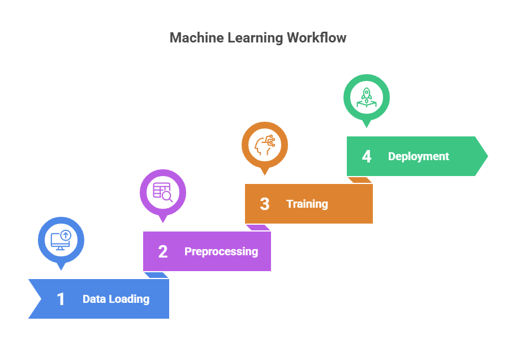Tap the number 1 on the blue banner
(x=61, y=299)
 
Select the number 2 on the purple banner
(x=163, y=251)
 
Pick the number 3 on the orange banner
(x=265, y=204)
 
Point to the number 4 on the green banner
(x=367, y=156)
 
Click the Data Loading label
(x=116, y=299)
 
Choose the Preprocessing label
(x=221, y=251)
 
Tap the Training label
(x=307, y=204)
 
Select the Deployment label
(x=419, y=156)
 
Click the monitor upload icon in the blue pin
(x=61, y=239)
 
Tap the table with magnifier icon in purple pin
(x=163, y=192)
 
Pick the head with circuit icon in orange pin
(x=265, y=144)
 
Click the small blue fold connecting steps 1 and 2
(x=156, y=275)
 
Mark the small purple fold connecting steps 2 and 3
(x=258, y=228)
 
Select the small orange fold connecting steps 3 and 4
(x=360, y=180)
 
